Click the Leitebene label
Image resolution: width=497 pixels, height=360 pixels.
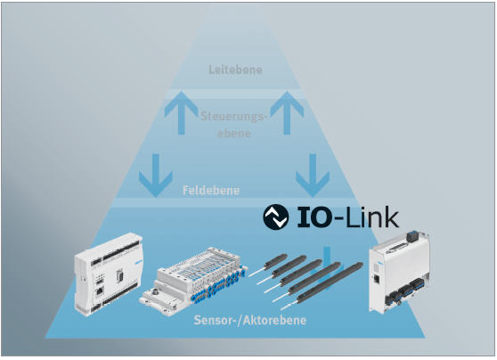235,70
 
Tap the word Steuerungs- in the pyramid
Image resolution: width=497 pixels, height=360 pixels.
234,117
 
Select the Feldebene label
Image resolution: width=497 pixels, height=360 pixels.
211,191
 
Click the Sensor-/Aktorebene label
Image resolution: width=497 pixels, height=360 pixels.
250,320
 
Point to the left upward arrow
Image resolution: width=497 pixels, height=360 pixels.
181,112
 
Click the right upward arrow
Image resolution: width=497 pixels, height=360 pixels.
287,112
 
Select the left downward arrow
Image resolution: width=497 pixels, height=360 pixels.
156,176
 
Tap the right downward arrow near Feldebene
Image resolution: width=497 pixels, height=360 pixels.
313,176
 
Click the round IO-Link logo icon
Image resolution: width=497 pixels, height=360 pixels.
276,217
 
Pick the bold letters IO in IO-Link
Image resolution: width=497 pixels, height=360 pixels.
313,217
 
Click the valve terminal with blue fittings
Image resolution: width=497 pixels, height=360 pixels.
193,279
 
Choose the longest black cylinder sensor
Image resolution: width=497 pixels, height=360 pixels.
322,285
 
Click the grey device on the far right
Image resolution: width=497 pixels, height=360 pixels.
399,272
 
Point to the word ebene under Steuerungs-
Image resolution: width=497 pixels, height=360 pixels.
234,133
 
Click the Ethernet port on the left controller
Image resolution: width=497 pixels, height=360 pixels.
100,290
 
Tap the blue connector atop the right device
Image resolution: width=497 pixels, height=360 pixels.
413,234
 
